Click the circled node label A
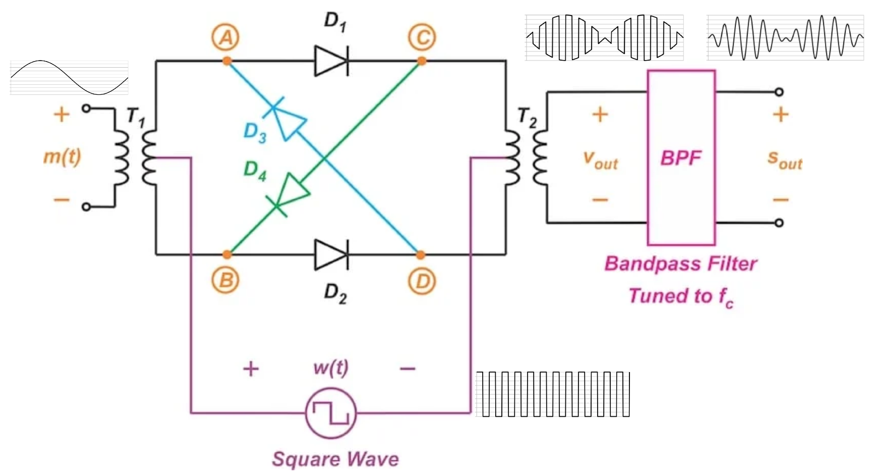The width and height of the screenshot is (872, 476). [225, 38]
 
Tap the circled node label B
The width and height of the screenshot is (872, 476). [225, 280]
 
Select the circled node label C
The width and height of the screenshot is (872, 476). [422, 38]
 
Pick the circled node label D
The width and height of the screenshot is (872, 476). [422, 282]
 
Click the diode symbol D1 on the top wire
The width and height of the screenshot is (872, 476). [331, 61]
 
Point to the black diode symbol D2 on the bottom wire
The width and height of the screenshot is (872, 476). [331, 255]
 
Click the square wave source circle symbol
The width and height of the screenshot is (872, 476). [331, 413]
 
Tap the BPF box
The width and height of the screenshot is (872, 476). [681, 157]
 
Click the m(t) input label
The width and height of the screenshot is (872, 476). [62, 156]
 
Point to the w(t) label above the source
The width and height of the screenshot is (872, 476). [331, 368]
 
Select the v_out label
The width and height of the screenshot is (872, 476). [600, 161]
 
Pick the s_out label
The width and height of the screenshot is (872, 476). [785, 161]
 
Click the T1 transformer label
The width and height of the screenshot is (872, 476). [135, 117]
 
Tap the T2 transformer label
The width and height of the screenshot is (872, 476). [527, 118]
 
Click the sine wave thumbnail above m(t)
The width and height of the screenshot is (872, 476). [70, 78]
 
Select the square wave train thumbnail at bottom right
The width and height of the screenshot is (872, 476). [553, 394]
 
